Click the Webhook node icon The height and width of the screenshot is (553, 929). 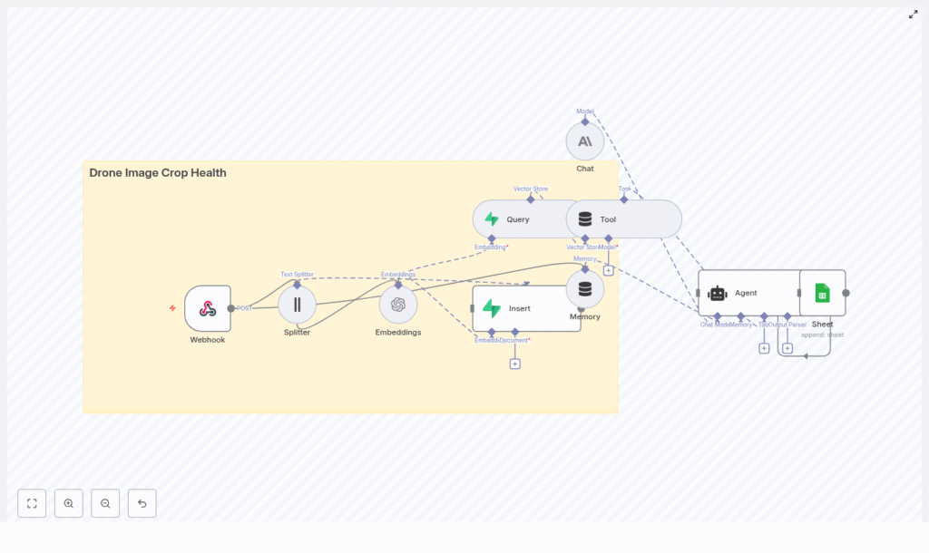tap(208, 308)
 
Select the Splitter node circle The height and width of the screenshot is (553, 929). tap(297, 305)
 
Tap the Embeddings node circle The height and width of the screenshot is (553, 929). tap(398, 305)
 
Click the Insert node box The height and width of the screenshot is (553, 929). tap(526, 308)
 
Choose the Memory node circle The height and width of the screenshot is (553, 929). tap(585, 289)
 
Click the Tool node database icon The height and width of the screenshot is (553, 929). tap(585, 219)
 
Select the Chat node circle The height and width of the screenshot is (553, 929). tap(585, 141)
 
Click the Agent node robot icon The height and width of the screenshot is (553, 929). tap(718, 293)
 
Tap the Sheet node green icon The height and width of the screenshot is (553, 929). tap(822, 293)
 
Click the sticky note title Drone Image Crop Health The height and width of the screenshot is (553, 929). tap(158, 173)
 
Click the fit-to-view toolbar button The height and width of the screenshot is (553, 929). tap(32, 503)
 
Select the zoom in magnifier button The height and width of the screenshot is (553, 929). tap(69, 503)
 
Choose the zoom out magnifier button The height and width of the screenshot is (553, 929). tap(105, 503)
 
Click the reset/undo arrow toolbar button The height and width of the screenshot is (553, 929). tap(142, 503)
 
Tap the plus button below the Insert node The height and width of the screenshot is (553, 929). tap(515, 364)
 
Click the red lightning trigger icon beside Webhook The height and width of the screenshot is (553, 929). tap(172, 308)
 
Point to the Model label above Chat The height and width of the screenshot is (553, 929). tap(585, 112)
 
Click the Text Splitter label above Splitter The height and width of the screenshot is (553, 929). tap(297, 274)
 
